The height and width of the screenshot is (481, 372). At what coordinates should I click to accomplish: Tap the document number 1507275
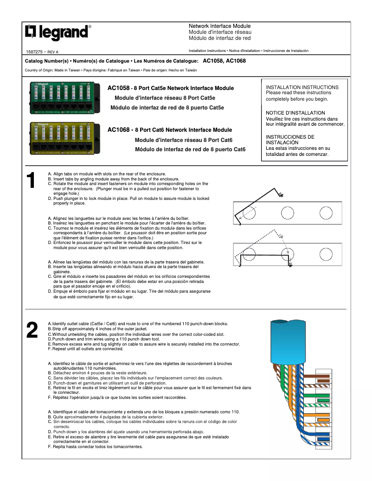click(x=35, y=52)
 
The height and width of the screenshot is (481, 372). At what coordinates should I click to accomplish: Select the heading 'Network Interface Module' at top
click(x=219, y=26)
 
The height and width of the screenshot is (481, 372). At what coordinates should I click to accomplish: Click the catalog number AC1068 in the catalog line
click(x=236, y=61)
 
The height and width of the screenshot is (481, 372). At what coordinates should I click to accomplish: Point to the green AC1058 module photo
click(x=66, y=97)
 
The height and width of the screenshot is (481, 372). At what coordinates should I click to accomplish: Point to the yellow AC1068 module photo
click(x=66, y=137)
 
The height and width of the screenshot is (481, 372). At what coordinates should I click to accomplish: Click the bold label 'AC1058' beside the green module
click(x=118, y=88)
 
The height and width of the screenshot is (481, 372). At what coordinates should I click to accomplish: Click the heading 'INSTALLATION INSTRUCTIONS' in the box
click(x=302, y=87)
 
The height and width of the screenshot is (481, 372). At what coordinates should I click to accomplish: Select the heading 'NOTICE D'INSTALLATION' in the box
click(x=295, y=113)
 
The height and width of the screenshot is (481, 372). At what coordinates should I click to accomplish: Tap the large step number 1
click(x=31, y=181)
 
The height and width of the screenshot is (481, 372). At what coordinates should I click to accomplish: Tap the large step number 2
click(x=32, y=330)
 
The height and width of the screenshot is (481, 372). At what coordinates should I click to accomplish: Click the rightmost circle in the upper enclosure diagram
click(x=326, y=213)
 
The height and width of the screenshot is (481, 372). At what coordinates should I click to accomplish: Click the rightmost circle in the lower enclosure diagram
click(x=326, y=254)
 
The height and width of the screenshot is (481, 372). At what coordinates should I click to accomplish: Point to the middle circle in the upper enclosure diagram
click(x=287, y=213)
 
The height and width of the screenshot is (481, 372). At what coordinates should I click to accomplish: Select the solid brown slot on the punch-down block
click(x=323, y=377)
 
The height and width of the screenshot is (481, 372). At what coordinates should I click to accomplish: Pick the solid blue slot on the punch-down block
click(x=323, y=438)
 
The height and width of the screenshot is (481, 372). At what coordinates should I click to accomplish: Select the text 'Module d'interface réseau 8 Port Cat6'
click(x=183, y=140)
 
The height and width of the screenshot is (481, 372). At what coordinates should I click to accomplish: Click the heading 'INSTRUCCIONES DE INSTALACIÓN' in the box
click(x=290, y=140)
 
